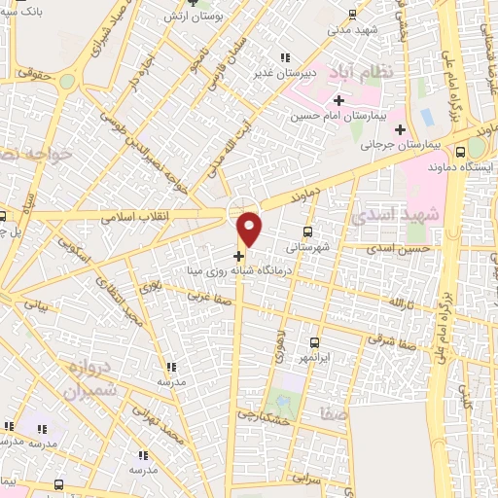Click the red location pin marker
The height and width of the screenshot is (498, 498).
pyautogui.click(x=250, y=228)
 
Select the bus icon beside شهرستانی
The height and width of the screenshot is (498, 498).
pyautogui.click(x=308, y=231)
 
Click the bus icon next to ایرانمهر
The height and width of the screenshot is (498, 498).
pyautogui.click(x=314, y=342)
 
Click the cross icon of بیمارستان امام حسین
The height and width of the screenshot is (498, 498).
pyautogui.click(x=338, y=100)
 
